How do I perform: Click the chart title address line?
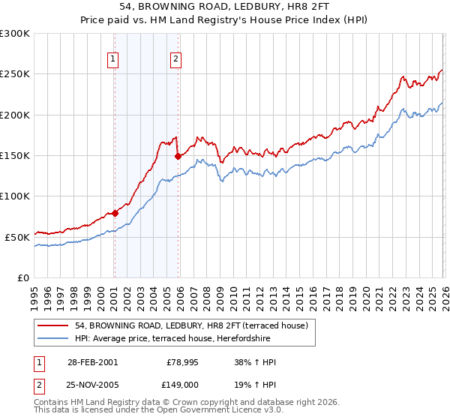pyautogui.click(x=225, y=7)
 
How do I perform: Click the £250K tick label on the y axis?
pyautogui.click(x=15, y=74)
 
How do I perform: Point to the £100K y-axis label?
pyautogui.click(x=15, y=196)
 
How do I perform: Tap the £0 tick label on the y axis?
pyautogui.click(x=23, y=277)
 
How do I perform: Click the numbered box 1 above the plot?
pyautogui.click(x=112, y=59)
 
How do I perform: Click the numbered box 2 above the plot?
pyautogui.click(x=175, y=59)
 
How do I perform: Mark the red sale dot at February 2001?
pyautogui.click(x=115, y=213)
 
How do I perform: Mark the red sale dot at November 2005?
pyautogui.click(x=178, y=156)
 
